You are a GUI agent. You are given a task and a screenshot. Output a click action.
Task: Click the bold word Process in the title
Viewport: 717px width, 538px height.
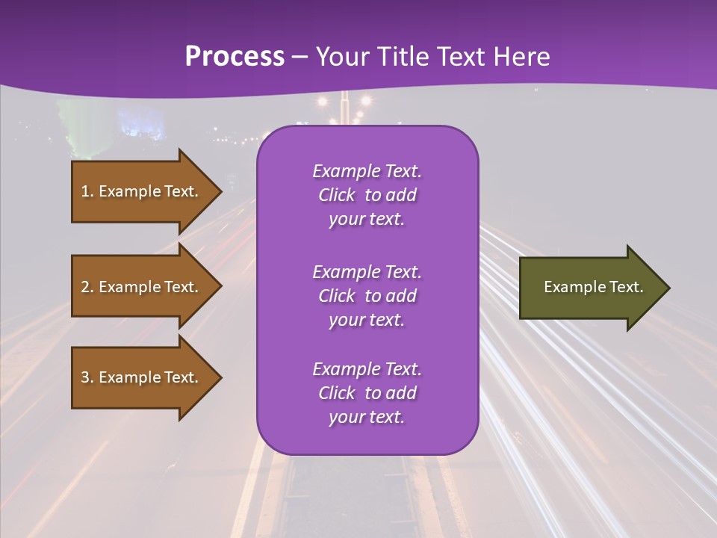[235, 57]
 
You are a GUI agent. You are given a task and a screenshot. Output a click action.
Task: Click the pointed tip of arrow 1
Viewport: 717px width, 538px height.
[220, 191]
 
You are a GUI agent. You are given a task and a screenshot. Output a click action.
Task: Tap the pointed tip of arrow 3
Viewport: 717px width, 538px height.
[220, 377]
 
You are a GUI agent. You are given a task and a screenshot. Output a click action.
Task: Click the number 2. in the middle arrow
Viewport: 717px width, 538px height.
[87, 287]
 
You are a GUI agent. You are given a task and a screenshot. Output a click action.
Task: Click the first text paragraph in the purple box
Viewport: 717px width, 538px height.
[367, 195]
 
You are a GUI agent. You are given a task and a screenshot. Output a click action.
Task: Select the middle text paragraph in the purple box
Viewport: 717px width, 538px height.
[367, 296]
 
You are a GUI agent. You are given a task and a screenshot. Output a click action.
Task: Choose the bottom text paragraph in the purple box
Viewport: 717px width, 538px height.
[367, 393]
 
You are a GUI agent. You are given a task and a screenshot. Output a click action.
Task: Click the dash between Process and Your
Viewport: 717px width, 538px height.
[300, 58]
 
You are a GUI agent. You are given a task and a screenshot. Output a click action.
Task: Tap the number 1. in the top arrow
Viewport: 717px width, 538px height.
[87, 191]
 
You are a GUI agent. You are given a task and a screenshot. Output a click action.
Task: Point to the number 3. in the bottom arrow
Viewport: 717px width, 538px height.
[87, 377]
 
